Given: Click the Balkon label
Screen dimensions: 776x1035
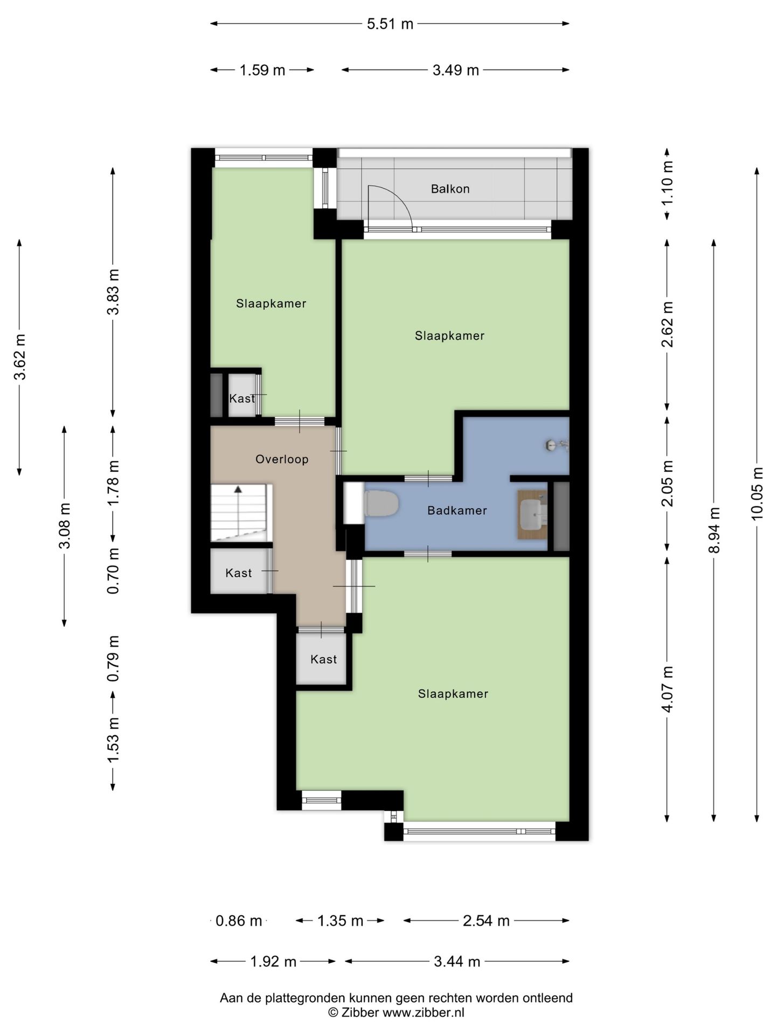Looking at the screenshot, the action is (x=450, y=189).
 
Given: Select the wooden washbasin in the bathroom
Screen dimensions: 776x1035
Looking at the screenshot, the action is (x=532, y=514).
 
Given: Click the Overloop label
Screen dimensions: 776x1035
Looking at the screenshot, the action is (x=282, y=459).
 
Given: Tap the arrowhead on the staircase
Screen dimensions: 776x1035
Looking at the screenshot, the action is (x=238, y=489).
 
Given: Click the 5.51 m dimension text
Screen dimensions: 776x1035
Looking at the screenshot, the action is (x=390, y=24).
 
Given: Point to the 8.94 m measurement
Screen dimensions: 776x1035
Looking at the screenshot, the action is (x=714, y=530).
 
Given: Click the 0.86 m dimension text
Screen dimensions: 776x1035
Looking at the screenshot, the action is (x=239, y=921).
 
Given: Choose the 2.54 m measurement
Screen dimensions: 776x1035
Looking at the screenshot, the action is (x=486, y=921).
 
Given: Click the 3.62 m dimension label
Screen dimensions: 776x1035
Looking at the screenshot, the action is (x=20, y=357).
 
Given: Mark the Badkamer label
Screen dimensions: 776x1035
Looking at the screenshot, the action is (x=457, y=510).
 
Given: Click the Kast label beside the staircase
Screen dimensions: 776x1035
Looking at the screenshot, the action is (x=239, y=573).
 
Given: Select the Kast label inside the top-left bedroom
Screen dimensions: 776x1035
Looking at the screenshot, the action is (x=242, y=398).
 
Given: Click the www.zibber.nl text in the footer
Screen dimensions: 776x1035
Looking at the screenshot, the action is (x=423, y=1013).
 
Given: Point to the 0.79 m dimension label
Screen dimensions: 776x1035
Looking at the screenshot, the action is (x=113, y=659).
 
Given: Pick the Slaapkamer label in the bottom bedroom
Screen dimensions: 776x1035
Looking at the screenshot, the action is (x=453, y=694).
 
